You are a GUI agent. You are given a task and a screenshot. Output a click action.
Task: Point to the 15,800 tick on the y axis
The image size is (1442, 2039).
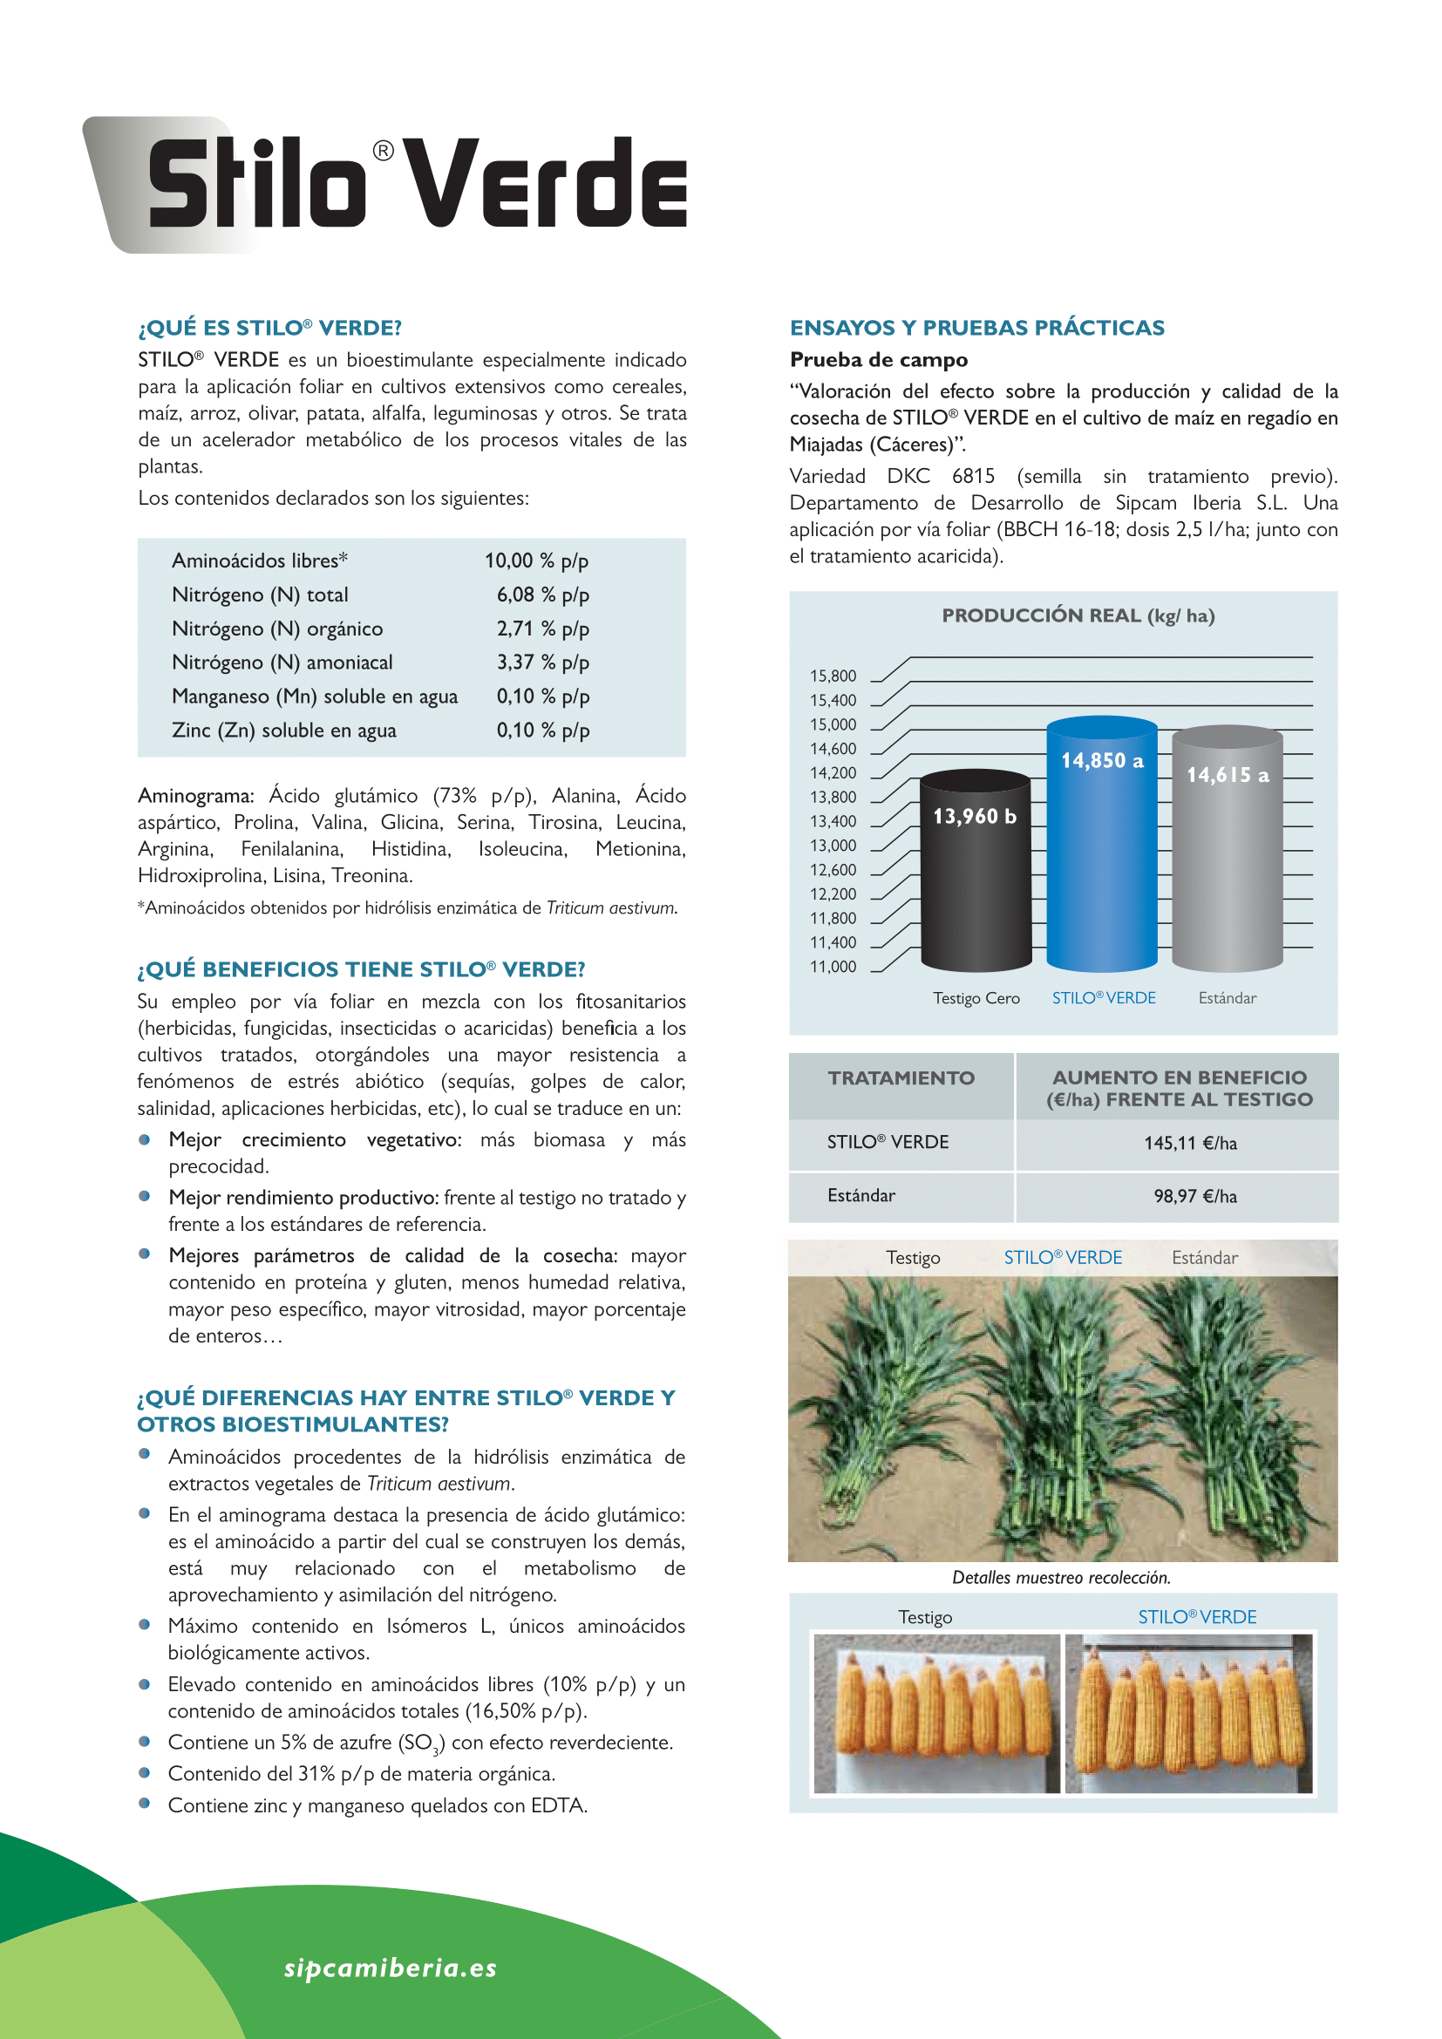[x=833, y=676]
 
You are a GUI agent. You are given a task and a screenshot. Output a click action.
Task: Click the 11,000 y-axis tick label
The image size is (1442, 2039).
[x=833, y=966]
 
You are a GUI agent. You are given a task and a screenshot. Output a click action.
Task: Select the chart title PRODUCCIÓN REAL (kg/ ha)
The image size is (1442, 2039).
[x=1078, y=615]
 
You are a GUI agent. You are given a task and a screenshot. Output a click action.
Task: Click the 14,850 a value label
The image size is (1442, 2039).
[x=1102, y=761]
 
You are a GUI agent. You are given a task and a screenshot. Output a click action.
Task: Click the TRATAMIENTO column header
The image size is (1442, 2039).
[x=901, y=1078]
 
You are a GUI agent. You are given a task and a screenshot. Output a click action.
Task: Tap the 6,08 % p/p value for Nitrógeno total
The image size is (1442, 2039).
[x=542, y=595]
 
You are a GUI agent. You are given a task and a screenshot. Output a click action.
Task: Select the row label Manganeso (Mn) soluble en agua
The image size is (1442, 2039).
[x=315, y=697]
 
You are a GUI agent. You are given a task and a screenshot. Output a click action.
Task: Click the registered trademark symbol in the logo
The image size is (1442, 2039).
[x=383, y=151]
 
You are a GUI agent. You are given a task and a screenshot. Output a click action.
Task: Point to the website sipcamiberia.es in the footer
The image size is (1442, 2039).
[x=390, y=1968]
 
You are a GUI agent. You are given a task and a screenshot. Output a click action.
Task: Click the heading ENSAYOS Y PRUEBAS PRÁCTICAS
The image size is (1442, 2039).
[x=976, y=328]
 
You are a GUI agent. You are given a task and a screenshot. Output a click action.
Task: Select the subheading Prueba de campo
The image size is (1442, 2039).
[x=878, y=360]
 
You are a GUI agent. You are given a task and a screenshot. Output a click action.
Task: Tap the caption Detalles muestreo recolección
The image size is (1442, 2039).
[x=1061, y=1577]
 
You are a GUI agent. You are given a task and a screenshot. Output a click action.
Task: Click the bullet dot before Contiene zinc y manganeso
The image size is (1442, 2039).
[x=145, y=1804]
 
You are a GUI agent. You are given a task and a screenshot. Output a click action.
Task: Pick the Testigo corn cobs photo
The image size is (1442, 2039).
[x=935, y=1713]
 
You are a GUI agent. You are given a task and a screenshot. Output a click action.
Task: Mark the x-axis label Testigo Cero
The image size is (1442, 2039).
[x=976, y=998]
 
